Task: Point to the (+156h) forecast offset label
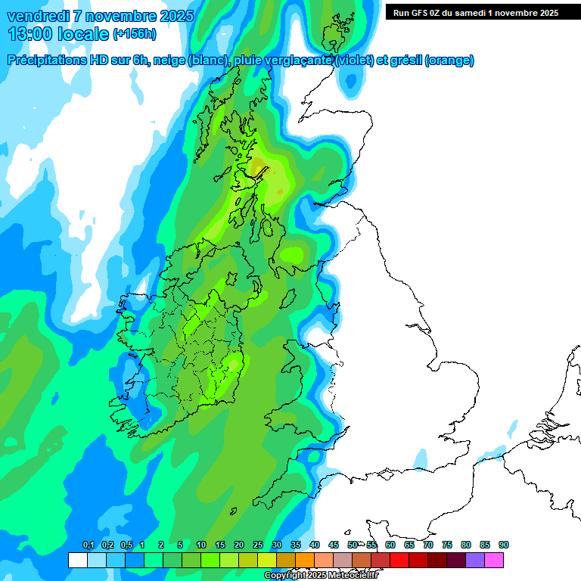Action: (x=135, y=34)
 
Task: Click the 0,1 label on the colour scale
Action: (x=88, y=545)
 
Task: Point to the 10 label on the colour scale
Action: (x=201, y=545)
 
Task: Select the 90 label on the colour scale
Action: (x=504, y=545)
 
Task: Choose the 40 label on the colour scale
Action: (x=315, y=545)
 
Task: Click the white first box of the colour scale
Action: (x=77, y=560)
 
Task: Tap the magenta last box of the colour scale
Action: (x=494, y=560)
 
